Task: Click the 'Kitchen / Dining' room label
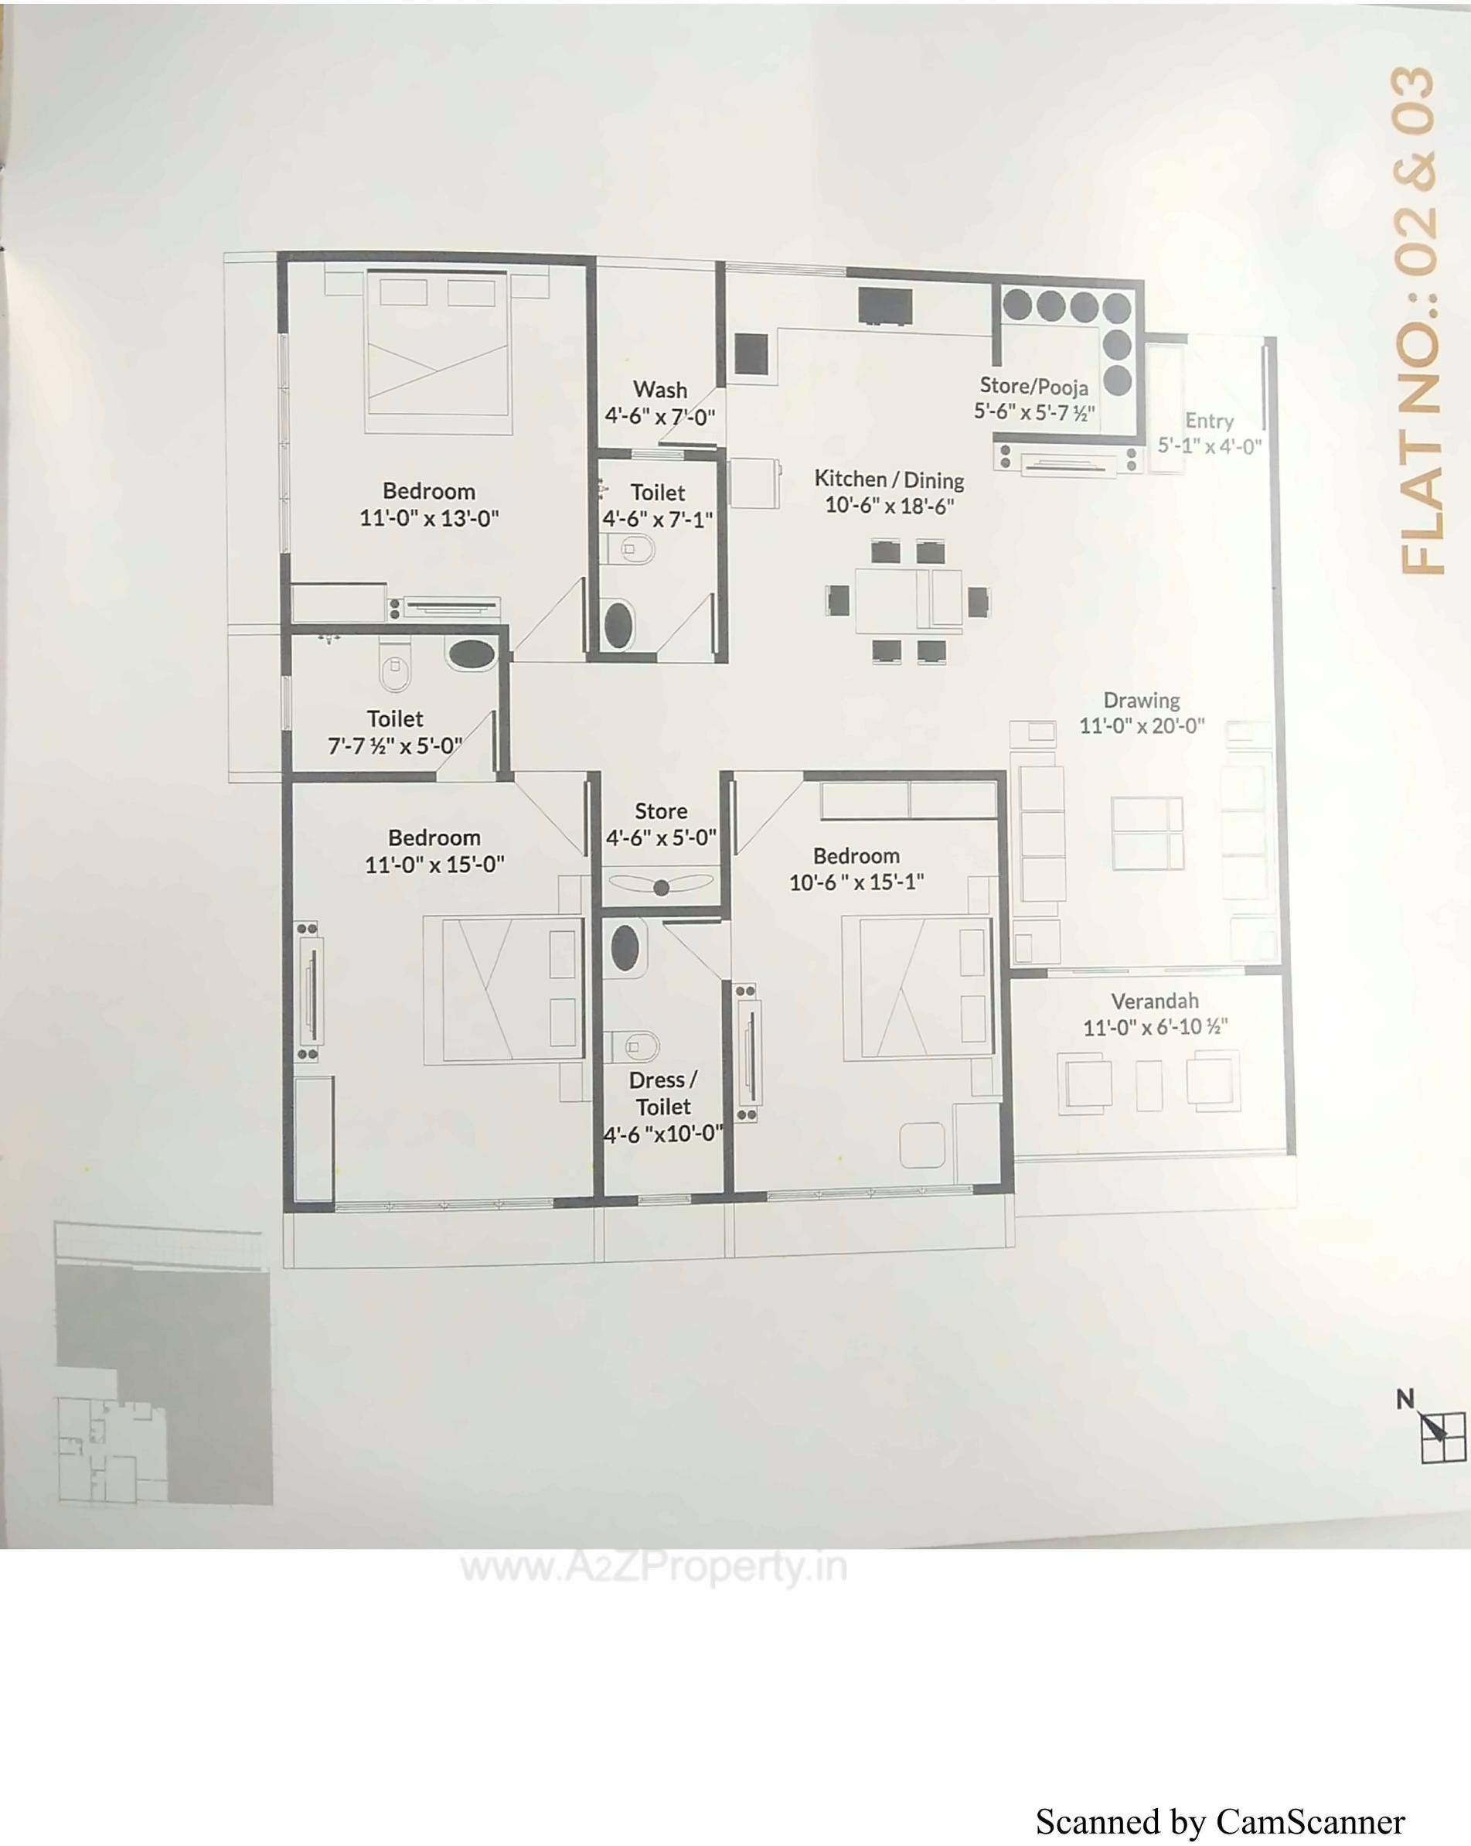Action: pyautogui.click(x=888, y=479)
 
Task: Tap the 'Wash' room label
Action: pyautogui.click(x=660, y=391)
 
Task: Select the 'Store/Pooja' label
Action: pyautogui.click(x=1033, y=386)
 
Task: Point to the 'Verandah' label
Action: pyautogui.click(x=1153, y=1001)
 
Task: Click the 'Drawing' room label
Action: pyautogui.click(x=1141, y=701)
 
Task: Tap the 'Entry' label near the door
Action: pyautogui.click(x=1208, y=421)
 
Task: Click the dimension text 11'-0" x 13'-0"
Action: pyautogui.click(x=429, y=518)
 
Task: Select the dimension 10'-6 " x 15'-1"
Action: pyautogui.click(x=856, y=882)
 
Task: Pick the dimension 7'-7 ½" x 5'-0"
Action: pyautogui.click(x=394, y=746)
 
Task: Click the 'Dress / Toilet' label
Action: pyautogui.click(x=662, y=1094)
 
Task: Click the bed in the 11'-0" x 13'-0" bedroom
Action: pyautogui.click(x=438, y=351)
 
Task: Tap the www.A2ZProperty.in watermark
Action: pyautogui.click(x=655, y=1567)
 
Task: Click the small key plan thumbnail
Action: pyautogui.click(x=162, y=1370)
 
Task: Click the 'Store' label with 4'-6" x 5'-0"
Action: pyautogui.click(x=661, y=810)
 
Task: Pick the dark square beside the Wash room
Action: pyautogui.click(x=751, y=353)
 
